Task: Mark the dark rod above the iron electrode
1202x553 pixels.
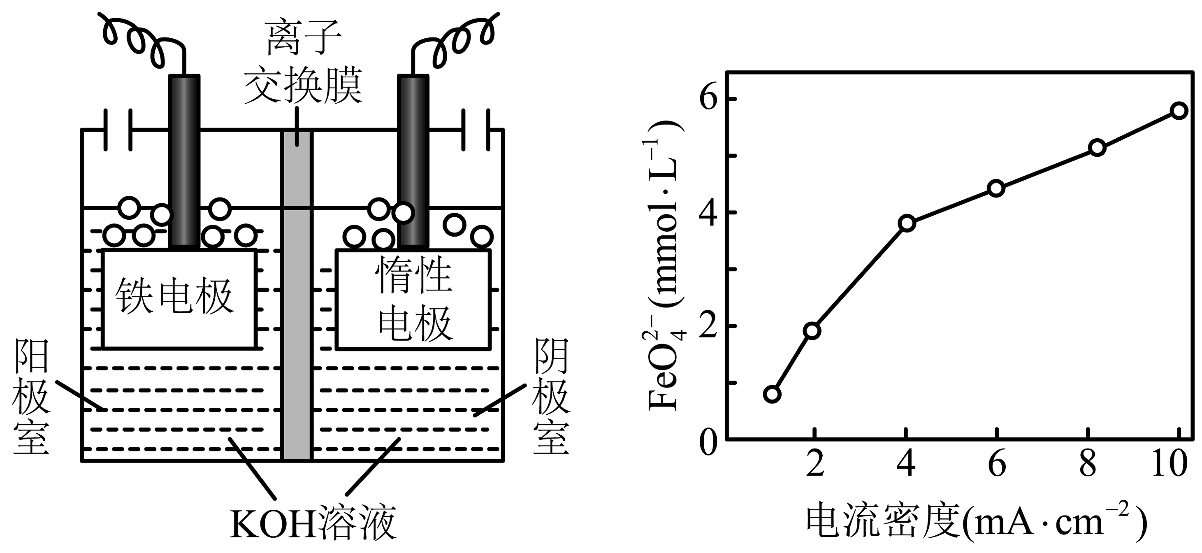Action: tap(184, 159)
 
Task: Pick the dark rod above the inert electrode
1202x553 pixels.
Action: tap(413, 159)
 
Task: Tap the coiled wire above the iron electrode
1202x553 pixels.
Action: tap(140, 37)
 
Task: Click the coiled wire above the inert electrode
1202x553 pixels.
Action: tap(455, 37)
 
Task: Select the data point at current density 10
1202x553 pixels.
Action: tap(1179, 111)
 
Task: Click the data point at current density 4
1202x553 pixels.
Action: tap(907, 223)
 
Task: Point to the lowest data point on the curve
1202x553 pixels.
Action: tap(772, 394)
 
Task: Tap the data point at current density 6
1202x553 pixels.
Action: tap(996, 188)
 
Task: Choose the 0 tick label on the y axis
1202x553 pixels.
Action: tap(708, 441)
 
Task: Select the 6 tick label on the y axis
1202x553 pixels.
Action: tap(708, 99)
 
